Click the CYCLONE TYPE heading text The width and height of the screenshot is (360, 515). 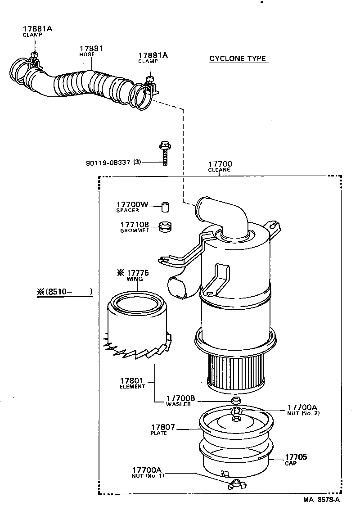click(x=238, y=59)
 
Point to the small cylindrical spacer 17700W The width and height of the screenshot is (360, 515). click(x=165, y=207)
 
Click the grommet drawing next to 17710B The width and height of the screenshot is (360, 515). click(x=166, y=227)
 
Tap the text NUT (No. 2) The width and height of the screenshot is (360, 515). click(x=304, y=413)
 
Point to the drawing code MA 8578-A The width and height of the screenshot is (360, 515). click(x=321, y=500)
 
